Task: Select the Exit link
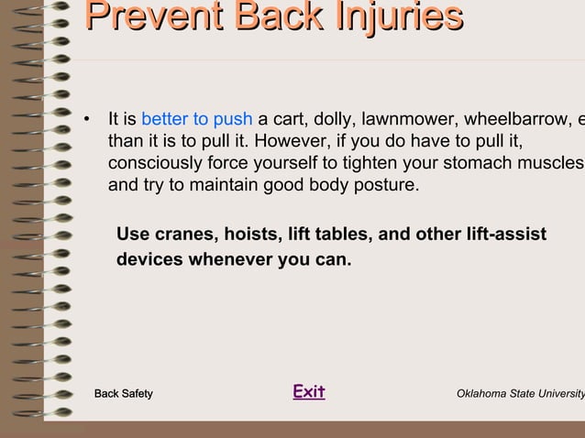click(x=309, y=392)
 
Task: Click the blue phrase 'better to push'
click(x=197, y=119)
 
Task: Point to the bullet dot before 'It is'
click(x=86, y=120)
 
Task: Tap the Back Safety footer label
click(x=124, y=394)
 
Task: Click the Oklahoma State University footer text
click(x=520, y=394)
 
